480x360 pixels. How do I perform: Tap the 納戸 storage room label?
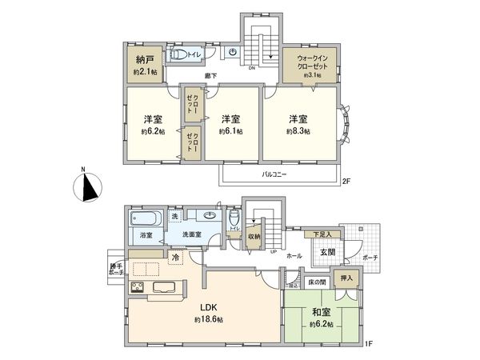point(145,59)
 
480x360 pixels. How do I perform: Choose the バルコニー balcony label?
point(274,174)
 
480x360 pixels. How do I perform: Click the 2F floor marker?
point(346,182)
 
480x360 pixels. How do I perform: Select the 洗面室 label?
point(192,235)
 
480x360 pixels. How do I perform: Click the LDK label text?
point(209,306)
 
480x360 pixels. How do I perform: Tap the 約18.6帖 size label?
point(209,319)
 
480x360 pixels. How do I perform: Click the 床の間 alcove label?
point(316,282)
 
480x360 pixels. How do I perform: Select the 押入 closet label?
point(348,278)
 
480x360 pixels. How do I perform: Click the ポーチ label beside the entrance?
point(369,258)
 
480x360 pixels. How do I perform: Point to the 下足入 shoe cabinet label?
point(322,234)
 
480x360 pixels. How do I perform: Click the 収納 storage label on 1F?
point(254,236)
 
